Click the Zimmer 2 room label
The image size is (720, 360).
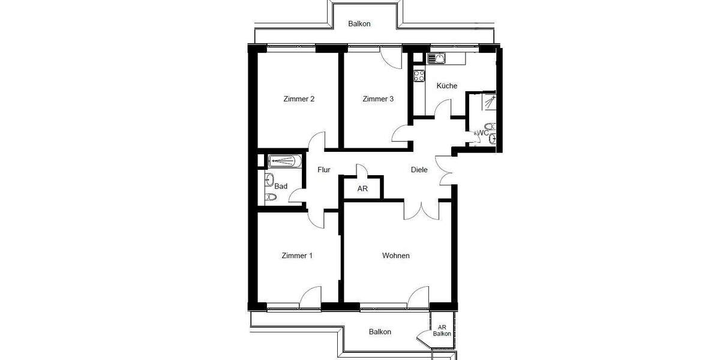[299, 99]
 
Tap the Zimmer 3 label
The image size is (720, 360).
[378, 99]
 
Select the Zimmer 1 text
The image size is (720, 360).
[297, 256]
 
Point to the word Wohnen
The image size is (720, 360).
[396, 256]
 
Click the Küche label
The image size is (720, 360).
[447, 86]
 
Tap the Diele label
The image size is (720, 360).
[419, 170]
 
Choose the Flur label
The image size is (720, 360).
[324, 170]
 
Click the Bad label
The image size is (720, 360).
[281, 186]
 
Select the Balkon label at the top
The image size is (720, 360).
[359, 24]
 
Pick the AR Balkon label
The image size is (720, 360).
[442, 330]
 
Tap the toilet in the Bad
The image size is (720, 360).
[271, 197]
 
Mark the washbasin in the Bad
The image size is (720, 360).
[269, 179]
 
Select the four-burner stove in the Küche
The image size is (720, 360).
[419, 76]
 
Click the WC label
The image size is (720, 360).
[483, 133]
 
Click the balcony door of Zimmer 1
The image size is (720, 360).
[311, 297]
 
